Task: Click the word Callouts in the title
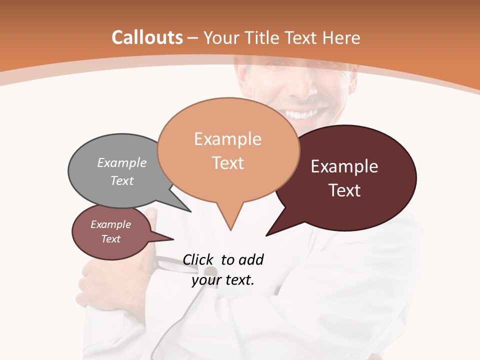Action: [x=147, y=37]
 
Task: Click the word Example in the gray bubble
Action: [x=122, y=162]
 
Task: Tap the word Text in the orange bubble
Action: [x=228, y=162]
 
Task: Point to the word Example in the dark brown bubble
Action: [x=344, y=166]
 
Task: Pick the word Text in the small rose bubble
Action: [x=111, y=239]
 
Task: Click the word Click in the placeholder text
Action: [x=199, y=259]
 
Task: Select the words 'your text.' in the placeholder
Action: [x=223, y=280]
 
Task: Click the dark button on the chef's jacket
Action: [x=211, y=272]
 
